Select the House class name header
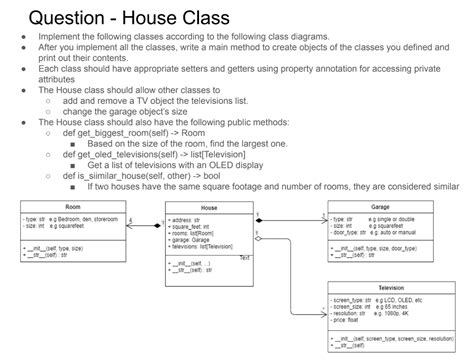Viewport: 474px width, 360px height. coord(209,208)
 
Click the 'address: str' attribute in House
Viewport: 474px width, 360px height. coord(191,217)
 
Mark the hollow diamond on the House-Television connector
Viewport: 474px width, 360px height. coord(258,238)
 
